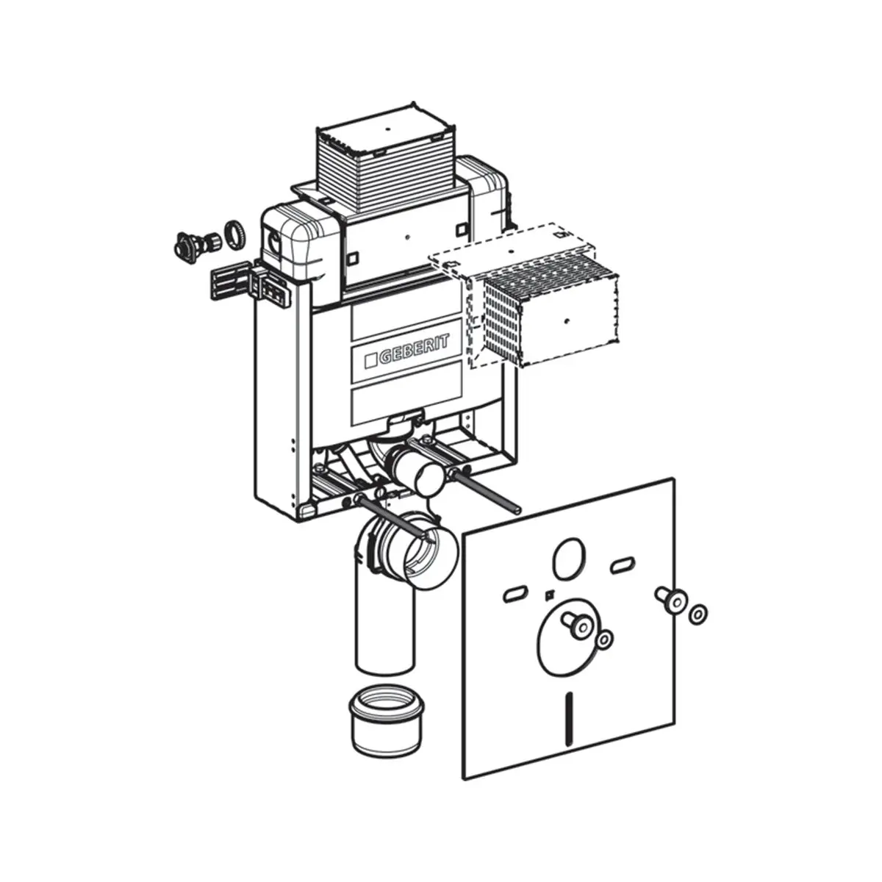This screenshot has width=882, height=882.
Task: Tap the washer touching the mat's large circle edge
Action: pos(603,639)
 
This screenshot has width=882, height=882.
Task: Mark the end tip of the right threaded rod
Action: pos(517,507)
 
